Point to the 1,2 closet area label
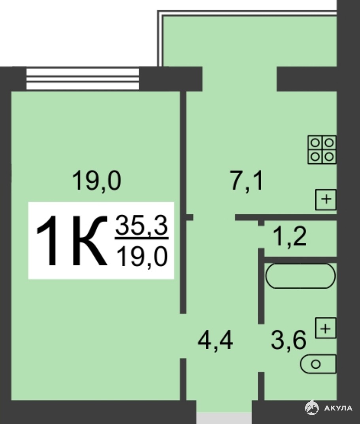(x=290, y=237)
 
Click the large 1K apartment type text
(x=71, y=240)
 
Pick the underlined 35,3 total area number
(x=142, y=225)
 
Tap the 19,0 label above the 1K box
(x=97, y=180)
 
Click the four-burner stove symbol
(x=322, y=150)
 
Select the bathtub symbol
(x=301, y=276)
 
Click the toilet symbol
(x=318, y=364)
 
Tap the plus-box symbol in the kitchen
(x=326, y=200)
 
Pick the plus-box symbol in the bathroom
(x=326, y=328)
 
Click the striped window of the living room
(x=83, y=79)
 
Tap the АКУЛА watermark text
(x=338, y=408)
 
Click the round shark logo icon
(x=312, y=408)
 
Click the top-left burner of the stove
(x=315, y=142)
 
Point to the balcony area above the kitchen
(x=250, y=41)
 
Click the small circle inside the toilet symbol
(x=316, y=364)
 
